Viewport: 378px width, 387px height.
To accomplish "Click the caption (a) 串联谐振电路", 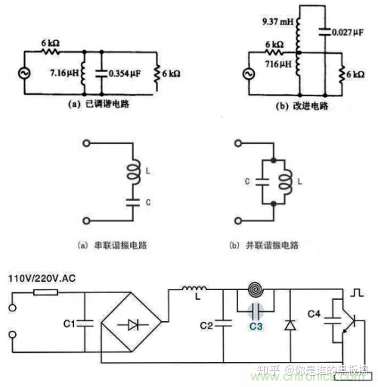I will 102,247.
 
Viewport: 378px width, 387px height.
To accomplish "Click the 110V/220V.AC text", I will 39,279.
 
